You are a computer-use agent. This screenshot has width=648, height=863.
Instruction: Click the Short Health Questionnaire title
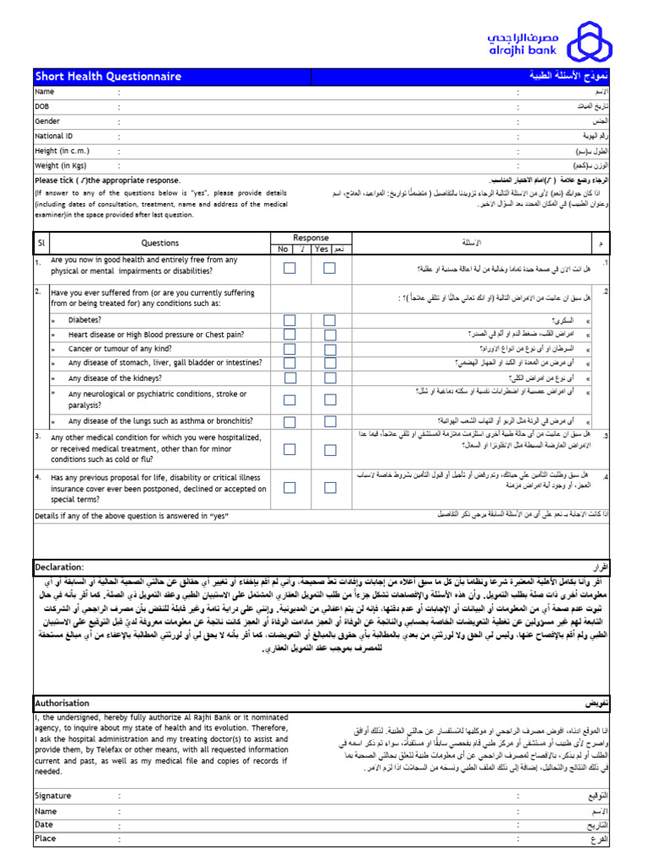(108, 77)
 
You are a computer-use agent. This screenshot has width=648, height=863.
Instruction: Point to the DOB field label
(42, 106)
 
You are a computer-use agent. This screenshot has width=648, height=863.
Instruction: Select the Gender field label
(47, 121)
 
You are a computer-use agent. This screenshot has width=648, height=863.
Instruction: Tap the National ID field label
(54, 135)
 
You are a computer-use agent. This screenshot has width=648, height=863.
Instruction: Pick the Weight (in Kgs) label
(63, 165)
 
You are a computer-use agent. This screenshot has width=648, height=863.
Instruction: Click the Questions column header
(160, 243)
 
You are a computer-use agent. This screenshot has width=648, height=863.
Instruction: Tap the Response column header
(310, 238)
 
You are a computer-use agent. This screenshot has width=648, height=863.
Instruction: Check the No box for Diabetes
(289, 320)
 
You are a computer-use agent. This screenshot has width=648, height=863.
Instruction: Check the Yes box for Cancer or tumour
(330, 348)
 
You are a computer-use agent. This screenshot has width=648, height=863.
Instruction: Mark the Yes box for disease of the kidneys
(330, 378)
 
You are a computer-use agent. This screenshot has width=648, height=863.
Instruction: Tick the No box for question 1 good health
(289, 268)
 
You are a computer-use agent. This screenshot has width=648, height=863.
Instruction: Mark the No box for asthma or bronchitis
(289, 421)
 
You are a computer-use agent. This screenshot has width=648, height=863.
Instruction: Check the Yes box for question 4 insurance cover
(330, 487)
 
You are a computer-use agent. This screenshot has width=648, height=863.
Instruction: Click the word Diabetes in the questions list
(85, 320)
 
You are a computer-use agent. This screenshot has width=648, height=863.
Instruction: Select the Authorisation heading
(62, 702)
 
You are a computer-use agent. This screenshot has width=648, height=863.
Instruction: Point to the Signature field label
(53, 795)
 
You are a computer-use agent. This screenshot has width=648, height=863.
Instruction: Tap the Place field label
(46, 839)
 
